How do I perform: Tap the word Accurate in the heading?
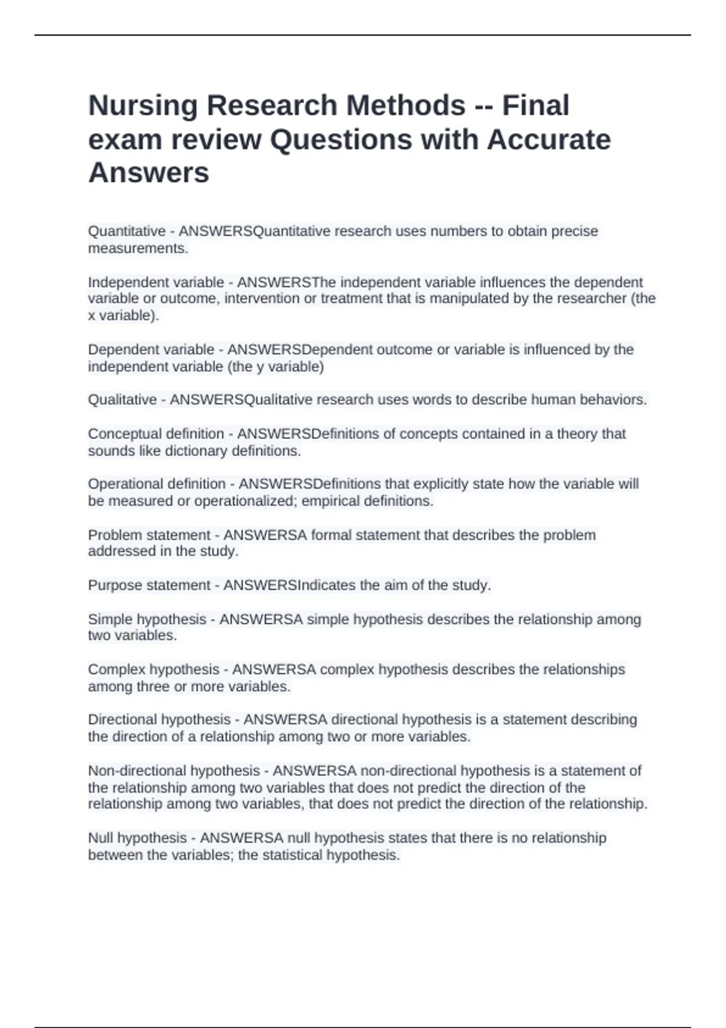[x=549, y=140]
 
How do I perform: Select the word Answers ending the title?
[x=148, y=173]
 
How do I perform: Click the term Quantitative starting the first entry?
[x=126, y=231]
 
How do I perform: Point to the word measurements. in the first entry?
[x=138, y=248]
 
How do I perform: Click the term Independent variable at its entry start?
[x=155, y=282]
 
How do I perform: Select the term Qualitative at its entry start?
[x=122, y=400]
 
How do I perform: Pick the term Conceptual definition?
[x=155, y=434]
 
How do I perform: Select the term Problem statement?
[x=149, y=535]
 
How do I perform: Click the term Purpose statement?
[x=149, y=585]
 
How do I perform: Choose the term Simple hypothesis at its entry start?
[x=147, y=619]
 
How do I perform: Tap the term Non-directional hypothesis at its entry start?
[x=174, y=771]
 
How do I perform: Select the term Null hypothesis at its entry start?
[x=137, y=838]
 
